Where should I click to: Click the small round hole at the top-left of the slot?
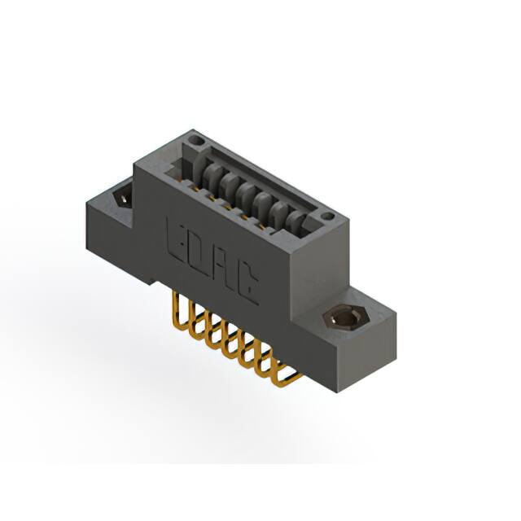193,143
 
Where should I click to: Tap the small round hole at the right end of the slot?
327,217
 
